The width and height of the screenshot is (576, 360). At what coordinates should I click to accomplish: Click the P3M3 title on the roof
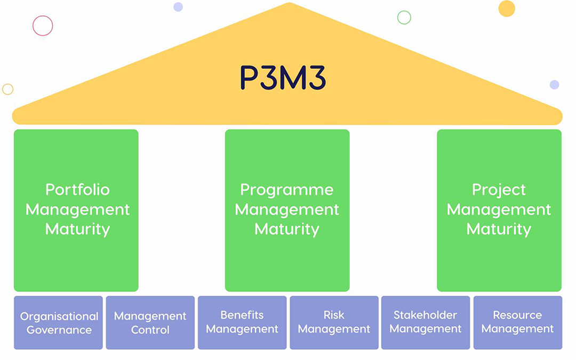pos(283,78)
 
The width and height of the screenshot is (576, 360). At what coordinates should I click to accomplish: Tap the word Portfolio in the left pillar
pos(77,190)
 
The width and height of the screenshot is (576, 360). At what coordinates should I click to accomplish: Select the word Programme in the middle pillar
pos(287,190)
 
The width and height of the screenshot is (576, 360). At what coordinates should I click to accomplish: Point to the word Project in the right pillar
pos(499,190)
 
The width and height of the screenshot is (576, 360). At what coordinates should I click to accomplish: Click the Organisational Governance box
pos(59,323)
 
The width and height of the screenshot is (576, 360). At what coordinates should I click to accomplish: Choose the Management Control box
pos(150,323)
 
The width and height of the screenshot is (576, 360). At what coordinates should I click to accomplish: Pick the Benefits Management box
pos(242,323)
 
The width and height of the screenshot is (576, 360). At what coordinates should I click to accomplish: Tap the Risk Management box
pos(334,323)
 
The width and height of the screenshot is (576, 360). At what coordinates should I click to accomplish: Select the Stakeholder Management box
pos(426,323)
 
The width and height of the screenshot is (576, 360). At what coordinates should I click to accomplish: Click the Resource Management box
pos(517,323)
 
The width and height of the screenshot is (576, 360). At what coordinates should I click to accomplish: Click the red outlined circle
pos(43,26)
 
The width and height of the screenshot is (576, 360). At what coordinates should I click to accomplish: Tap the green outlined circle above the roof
pos(404,18)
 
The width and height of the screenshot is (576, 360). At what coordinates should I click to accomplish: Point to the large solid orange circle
pos(507,9)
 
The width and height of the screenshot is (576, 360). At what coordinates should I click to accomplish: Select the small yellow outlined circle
pos(7,89)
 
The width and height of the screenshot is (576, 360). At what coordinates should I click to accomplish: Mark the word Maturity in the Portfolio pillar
pos(77,229)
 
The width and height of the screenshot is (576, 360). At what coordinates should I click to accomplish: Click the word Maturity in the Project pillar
pos(499,229)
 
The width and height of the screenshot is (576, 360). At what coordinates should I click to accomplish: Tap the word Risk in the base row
pos(334,315)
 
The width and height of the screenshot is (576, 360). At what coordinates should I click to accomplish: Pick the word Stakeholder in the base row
pos(426,315)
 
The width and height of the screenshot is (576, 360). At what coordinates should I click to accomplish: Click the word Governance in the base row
pos(59,330)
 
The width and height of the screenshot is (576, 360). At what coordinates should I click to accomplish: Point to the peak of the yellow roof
pos(289,5)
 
